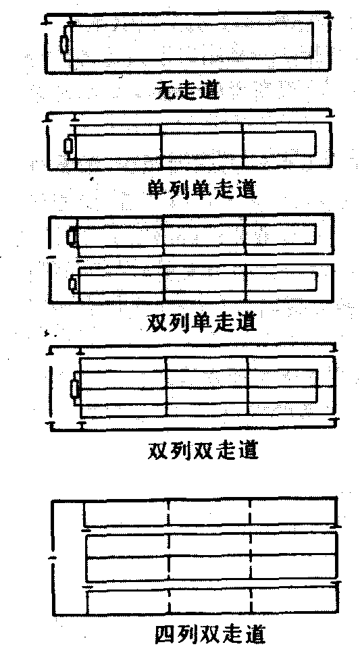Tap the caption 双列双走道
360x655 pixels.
203,450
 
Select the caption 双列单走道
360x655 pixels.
202,321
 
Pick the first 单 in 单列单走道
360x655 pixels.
158,189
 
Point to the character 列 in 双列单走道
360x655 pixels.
180,321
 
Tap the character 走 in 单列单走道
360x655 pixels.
224,189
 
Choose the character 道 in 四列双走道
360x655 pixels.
254,635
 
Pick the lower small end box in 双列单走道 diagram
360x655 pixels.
73,284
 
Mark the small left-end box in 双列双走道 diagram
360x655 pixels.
75,389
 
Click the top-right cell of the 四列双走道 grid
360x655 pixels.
292,512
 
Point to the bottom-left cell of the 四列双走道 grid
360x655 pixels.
128,602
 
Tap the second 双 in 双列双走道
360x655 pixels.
203,450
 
